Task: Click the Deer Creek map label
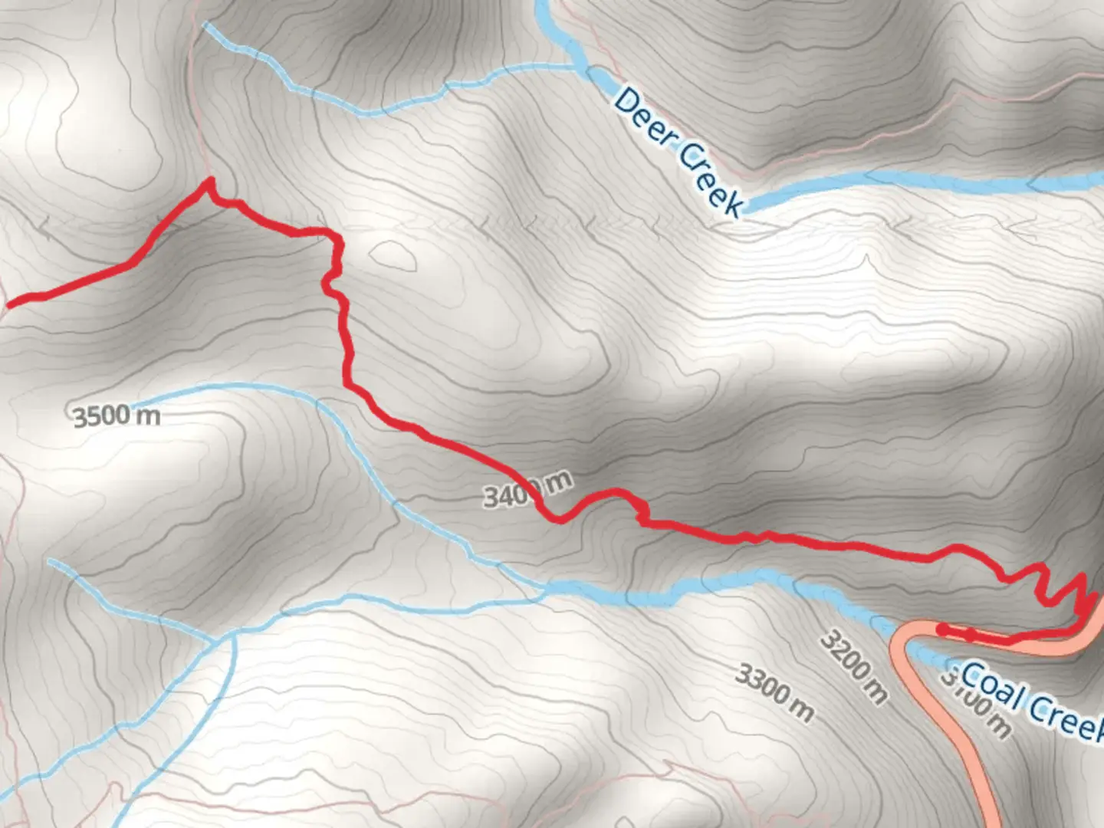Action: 678,152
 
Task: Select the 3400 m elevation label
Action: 527,490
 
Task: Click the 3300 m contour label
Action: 774,692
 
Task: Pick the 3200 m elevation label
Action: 853,665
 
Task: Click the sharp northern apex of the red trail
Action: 209,181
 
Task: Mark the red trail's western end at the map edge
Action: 8,304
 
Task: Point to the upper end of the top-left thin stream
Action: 205,26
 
